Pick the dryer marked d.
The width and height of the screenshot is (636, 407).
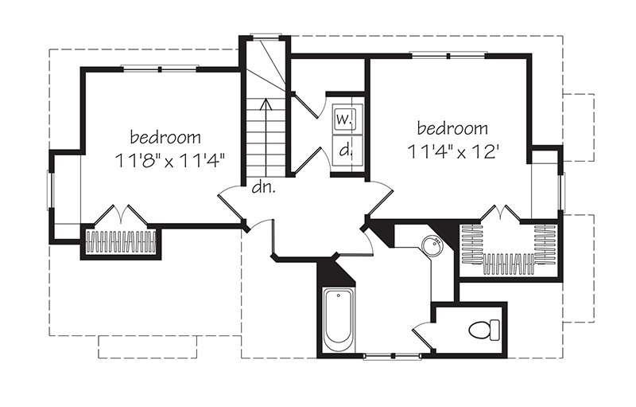[x=344, y=148]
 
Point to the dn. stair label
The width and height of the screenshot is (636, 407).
[x=262, y=188]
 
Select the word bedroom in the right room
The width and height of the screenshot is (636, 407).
[x=452, y=127]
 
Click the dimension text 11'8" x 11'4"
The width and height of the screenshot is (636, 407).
[x=169, y=158]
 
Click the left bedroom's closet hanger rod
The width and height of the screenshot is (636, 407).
[x=122, y=241]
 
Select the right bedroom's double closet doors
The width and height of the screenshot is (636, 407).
[x=502, y=213]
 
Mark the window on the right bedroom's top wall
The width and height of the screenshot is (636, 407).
[x=448, y=55]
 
